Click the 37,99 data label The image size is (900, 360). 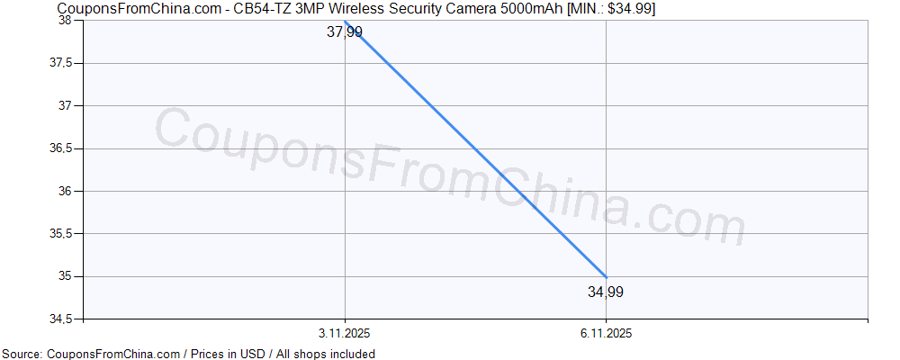345,32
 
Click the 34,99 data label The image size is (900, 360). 606,292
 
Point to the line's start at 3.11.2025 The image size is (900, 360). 345,21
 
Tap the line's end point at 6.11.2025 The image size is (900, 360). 606,276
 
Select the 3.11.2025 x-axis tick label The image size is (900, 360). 345,333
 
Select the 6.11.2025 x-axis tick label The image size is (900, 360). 606,333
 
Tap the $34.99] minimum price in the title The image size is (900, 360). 631,8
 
